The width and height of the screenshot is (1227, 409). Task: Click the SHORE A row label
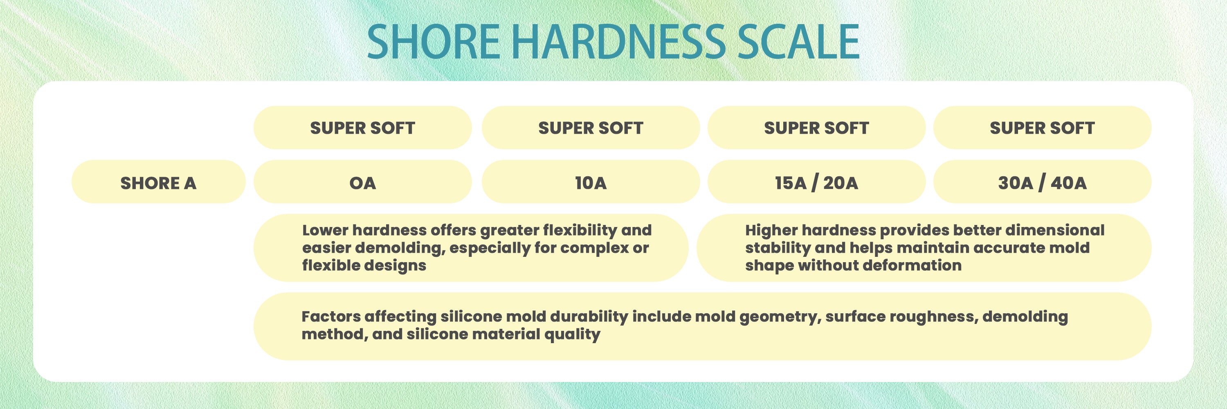click(158, 183)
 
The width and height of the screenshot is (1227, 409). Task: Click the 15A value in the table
click(791, 183)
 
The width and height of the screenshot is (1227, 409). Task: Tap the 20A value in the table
click(841, 183)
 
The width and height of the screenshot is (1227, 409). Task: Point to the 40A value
click(1069, 183)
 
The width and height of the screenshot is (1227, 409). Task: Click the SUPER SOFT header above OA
click(362, 128)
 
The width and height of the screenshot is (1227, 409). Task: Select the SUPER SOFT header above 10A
click(591, 128)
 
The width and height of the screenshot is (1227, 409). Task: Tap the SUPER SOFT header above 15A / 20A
click(816, 128)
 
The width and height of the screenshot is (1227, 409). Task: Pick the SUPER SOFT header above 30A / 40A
click(1042, 128)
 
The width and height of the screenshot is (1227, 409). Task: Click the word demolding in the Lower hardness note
click(399, 249)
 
